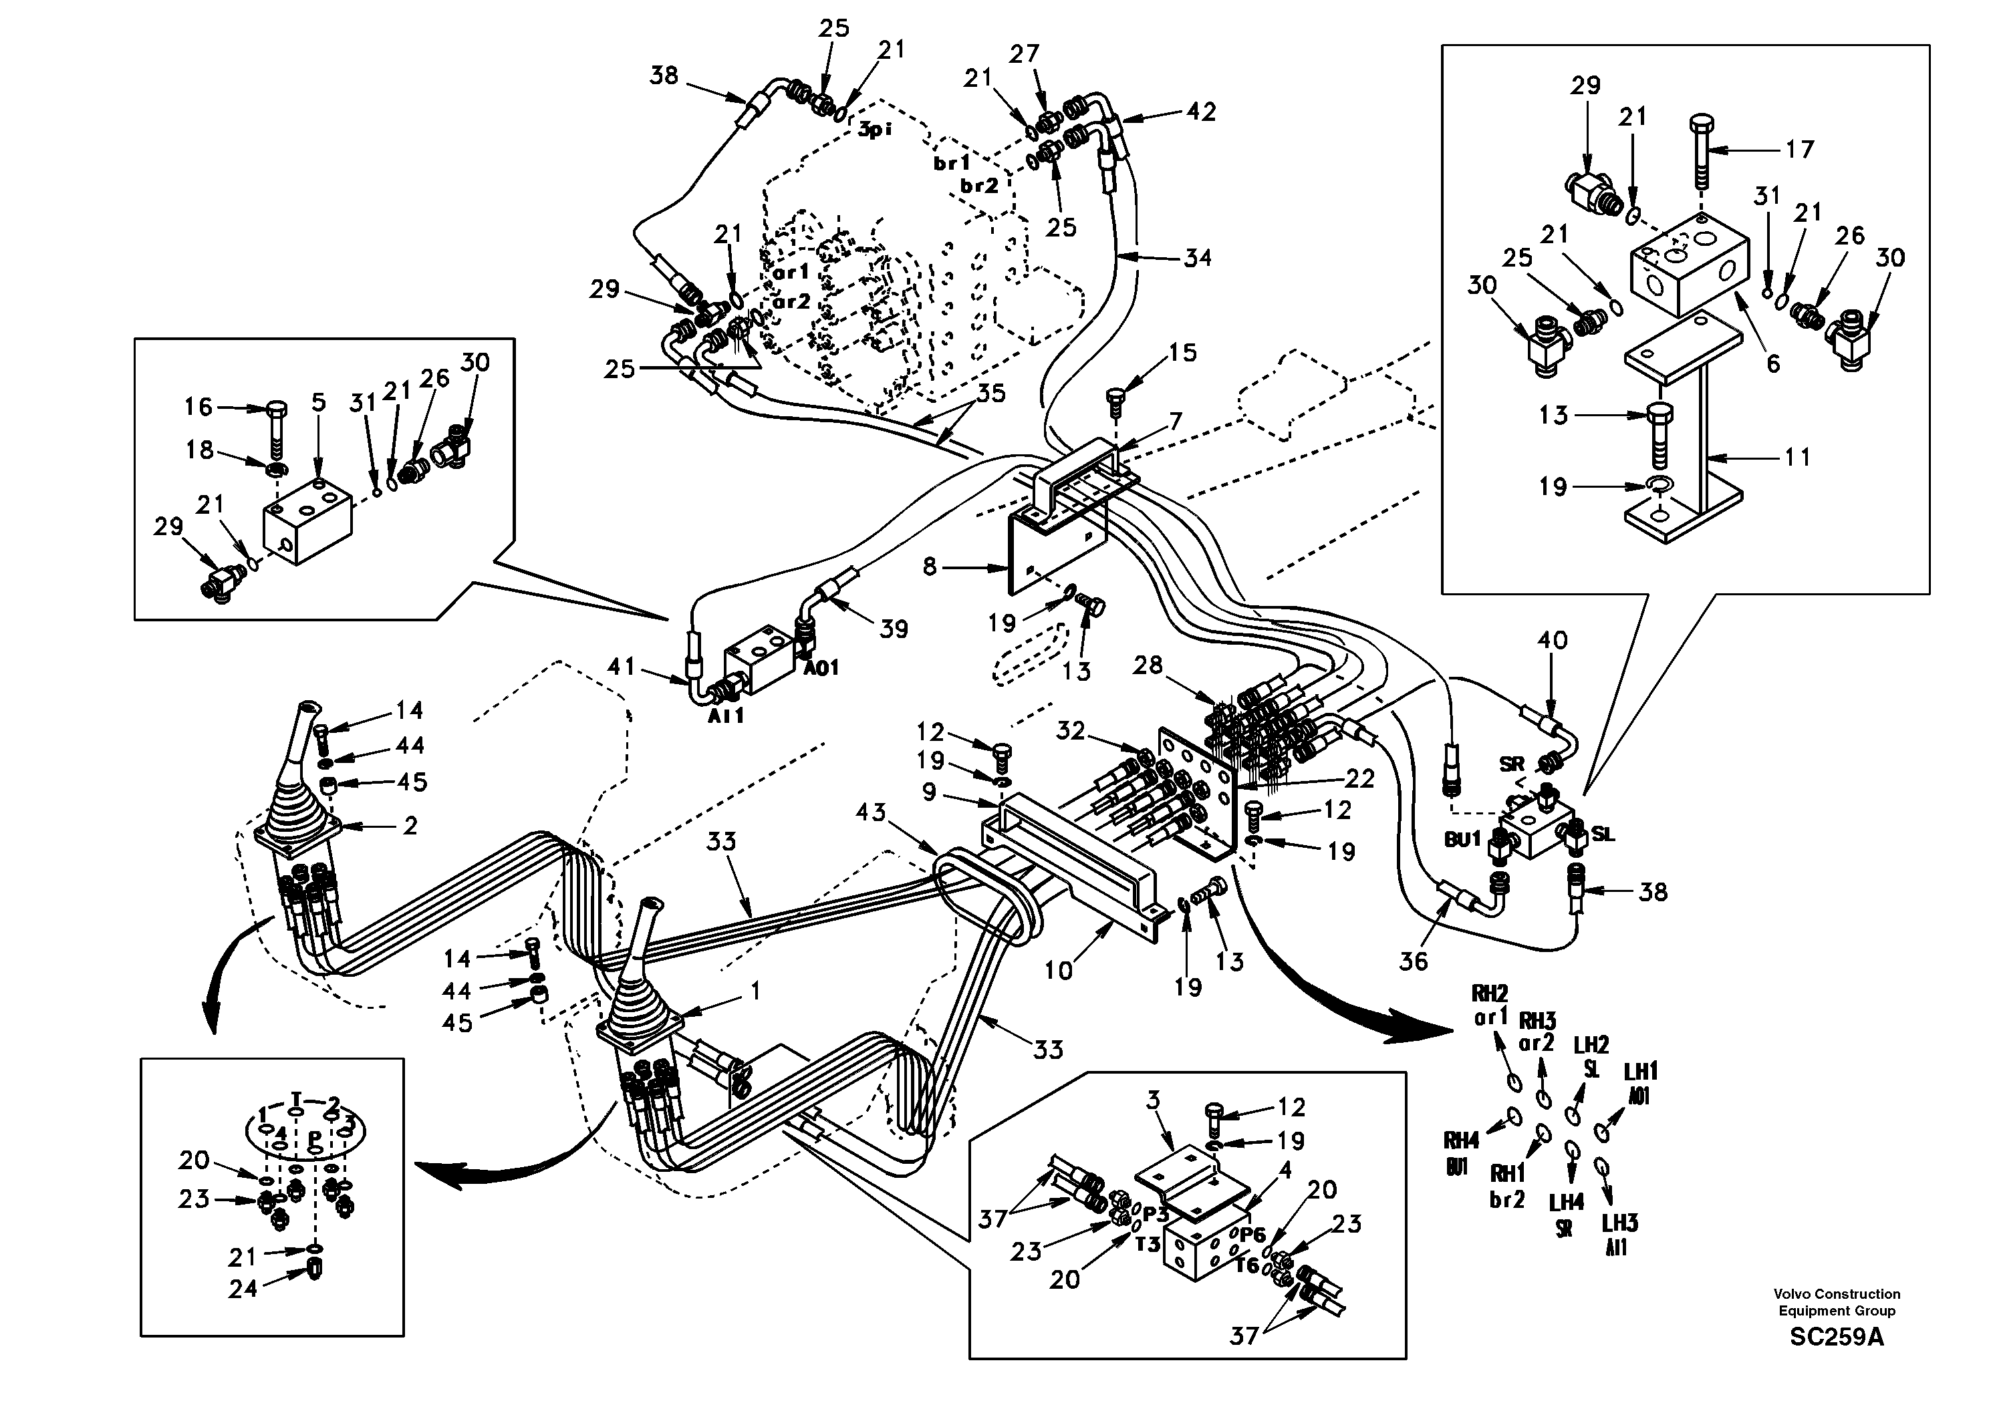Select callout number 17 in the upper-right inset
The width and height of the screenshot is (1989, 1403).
pyautogui.click(x=1800, y=150)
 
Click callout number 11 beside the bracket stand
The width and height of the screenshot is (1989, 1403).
pyautogui.click(x=1799, y=456)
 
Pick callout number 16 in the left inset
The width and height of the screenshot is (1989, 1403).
pyautogui.click(x=198, y=406)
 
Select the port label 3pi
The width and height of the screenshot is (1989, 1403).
pyautogui.click(x=875, y=131)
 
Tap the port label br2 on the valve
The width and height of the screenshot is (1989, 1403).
pyautogui.click(x=979, y=184)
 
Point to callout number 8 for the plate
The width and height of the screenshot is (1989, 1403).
pyautogui.click(x=930, y=567)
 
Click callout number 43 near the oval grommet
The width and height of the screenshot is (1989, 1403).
pyautogui.click(x=871, y=812)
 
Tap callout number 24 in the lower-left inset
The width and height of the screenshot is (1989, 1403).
pyautogui.click(x=243, y=1289)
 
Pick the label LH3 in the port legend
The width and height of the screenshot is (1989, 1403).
pyautogui.click(x=1619, y=1223)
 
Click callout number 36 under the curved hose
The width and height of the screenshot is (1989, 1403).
pyautogui.click(x=1413, y=961)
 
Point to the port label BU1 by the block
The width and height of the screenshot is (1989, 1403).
pyautogui.click(x=1462, y=839)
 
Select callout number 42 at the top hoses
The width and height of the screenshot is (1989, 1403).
pyautogui.click(x=1200, y=112)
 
